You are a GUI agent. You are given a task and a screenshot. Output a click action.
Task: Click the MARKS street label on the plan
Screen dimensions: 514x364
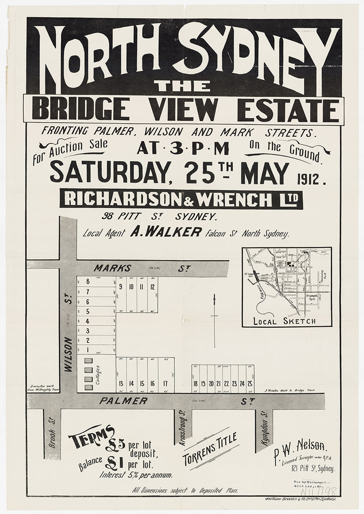tap(107, 269)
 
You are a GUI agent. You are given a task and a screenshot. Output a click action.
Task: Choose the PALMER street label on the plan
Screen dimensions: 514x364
tap(123, 401)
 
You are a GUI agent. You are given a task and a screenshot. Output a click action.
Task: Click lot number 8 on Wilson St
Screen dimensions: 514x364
tap(87, 281)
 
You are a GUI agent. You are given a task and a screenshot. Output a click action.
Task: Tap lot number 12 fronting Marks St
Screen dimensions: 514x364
tap(152, 287)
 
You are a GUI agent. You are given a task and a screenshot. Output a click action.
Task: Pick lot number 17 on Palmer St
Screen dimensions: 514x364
tap(165, 384)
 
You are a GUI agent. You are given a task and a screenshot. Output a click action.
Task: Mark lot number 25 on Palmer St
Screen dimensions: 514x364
tap(249, 384)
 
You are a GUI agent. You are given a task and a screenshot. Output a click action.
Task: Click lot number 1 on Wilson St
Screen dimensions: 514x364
tap(87, 350)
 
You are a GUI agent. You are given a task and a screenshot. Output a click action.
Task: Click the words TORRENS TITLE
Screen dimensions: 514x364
tap(211, 449)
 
